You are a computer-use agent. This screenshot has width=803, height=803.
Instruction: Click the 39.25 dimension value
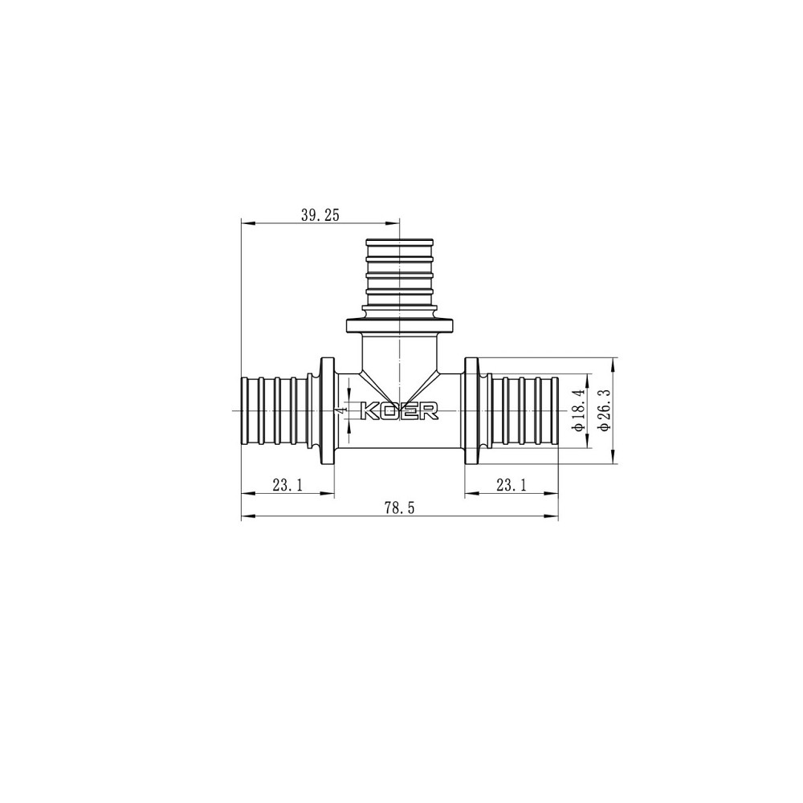tap(320, 214)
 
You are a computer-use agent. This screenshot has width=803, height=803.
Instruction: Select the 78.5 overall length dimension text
tap(398, 507)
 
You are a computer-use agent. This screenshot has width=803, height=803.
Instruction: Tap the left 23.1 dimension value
tap(287, 484)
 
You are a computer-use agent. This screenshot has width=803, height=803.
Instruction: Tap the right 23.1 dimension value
tap(511, 484)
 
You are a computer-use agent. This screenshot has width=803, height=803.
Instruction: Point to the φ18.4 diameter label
tap(577, 410)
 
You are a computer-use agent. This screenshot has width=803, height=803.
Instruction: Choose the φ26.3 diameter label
tap(604, 410)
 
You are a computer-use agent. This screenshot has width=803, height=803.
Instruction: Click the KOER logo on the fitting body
tap(400, 411)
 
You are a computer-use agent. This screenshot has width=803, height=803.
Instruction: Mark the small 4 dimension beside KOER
tap(342, 410)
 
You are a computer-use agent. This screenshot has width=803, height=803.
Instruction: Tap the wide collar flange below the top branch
tap(399, 326)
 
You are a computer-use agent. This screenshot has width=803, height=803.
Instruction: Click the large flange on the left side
tap(327, 410)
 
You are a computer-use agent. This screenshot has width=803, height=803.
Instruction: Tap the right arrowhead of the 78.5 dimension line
tap(553, 516)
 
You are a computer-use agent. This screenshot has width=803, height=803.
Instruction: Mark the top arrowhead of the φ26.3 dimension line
tap(614, 363)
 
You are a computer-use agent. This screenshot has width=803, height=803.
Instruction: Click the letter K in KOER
tap(372, 411)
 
